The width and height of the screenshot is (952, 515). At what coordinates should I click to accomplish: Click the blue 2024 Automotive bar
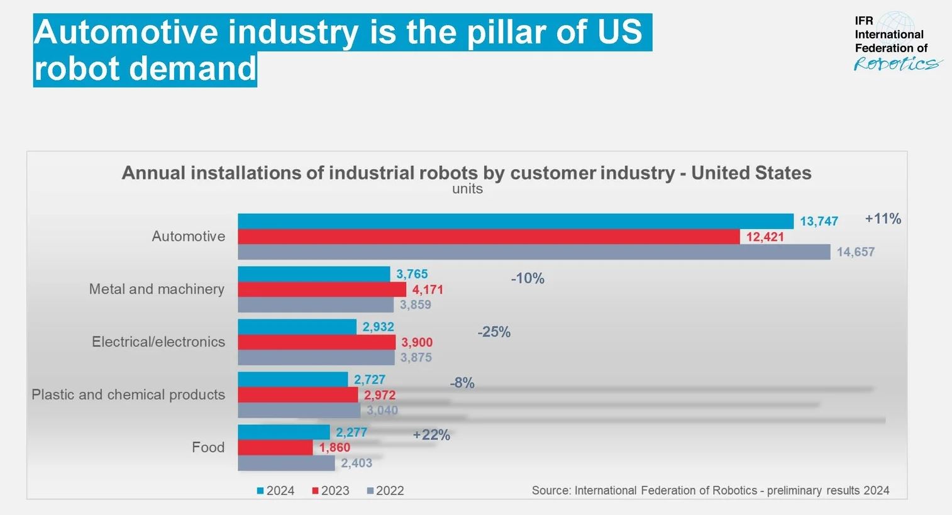(x=516, y=221)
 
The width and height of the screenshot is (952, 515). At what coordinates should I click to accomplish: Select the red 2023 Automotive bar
(x=489, y=236)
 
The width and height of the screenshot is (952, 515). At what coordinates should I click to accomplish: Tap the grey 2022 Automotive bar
(x=534, y=252)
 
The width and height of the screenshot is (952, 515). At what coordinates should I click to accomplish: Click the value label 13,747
(x=819, y=221)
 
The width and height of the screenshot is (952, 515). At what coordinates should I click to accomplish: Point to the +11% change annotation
(x=883, y=219)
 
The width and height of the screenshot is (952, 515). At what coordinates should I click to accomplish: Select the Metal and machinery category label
(x=157, y=289)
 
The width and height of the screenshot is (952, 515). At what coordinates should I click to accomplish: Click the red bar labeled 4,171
(x=322, y=289)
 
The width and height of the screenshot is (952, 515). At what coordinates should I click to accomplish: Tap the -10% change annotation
(x=528, y=279)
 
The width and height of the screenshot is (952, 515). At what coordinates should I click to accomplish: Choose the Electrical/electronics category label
(x=158, y=342)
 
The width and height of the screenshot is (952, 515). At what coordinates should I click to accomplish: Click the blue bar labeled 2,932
(x=297, y=327)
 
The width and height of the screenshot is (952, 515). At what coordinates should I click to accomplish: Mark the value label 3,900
(x=417, y=342)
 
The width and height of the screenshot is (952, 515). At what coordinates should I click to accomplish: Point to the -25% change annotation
(x=494, y=332)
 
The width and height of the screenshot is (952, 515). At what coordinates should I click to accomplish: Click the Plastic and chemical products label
(x=128, y=395)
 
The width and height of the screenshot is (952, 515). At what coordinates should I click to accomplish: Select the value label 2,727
(x=369, y=380)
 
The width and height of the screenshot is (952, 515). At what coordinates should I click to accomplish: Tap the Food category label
(x=208, y=448)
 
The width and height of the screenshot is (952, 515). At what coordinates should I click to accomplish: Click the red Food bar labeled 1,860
(x=275, y=448)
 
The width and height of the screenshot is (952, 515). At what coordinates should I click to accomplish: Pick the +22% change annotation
(x=431, y=435)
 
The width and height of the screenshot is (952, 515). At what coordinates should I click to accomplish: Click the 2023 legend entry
(x=331, y=490)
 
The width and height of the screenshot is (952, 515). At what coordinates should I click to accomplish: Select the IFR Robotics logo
(x=897, y=42)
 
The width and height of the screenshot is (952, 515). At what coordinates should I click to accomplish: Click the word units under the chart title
(x=467, y=189)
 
